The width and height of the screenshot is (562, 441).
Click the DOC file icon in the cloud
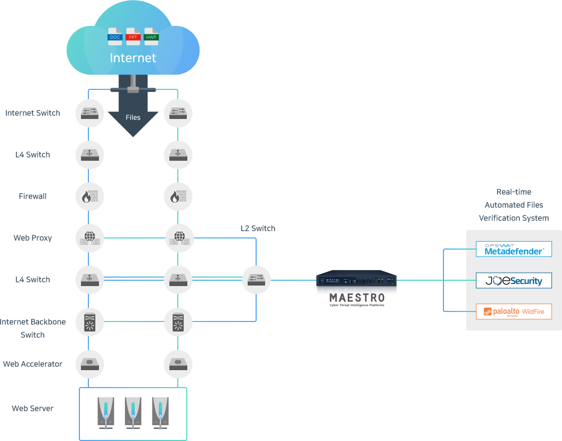pyautogui.click(x=115, y=36)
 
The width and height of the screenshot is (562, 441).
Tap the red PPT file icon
pyautogui.click(x=133, y=36)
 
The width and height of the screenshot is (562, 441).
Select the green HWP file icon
pyautogui.click(x=152, y=36)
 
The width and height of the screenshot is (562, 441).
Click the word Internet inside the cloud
pyautogui.click(x=133, y=58)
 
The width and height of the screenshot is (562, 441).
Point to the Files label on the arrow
pyautogui.click(x=133, y=117)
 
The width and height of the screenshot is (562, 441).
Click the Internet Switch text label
pyautogui.click(x=33, y=113)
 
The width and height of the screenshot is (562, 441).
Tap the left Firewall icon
pyautogui.click(x=89, y=196)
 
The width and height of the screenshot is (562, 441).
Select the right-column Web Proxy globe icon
pyautogui.click(x=178, y=237)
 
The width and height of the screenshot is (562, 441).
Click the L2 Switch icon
pyautogui.click(x=257, y=279)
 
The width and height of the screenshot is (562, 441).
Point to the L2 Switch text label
pyautogui.click(x=258, y=228)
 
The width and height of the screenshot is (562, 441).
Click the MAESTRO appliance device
pyautogui.click(x=356, y=280)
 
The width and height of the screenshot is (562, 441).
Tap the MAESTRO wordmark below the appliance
pyautogui.click(x=356, y=298)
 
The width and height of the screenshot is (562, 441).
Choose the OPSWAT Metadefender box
pyautogui.click(x=513, y=249)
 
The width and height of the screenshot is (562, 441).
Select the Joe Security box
pyautogui.click(x=513, y=280)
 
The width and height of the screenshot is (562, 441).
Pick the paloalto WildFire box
pyautogui.click(x=513, y=311)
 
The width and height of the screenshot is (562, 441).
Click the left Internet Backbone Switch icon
pyautogui.click(x=89, y=321)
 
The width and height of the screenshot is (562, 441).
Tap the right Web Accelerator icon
pyautogui.click(x=178, y=364)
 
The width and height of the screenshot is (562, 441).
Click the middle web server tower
pyautogui.click(x=133, y=412)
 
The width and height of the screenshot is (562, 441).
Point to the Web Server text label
pyautogui.click(x=33, y=408)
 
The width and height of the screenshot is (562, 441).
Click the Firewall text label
pyautogui.click(x=33, y=196)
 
